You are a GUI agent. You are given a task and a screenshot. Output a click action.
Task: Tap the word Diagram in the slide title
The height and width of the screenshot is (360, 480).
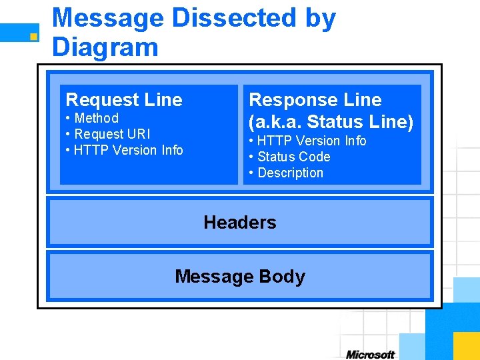[x=105, y=47]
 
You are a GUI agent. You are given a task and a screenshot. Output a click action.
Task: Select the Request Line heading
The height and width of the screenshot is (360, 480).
[x=124, y=100]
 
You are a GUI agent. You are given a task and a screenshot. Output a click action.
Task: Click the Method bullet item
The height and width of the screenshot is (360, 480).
[x=93, y=119]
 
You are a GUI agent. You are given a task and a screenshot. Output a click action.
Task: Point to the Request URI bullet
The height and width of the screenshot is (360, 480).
[x=108, y=135]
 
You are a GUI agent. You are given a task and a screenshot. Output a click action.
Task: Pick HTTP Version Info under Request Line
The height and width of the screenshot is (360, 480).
[x=125, y=151]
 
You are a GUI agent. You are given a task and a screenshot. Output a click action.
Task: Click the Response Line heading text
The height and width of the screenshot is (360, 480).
[x=315, y=100]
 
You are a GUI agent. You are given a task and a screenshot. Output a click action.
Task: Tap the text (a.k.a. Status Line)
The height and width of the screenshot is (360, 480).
[x=331, y=122]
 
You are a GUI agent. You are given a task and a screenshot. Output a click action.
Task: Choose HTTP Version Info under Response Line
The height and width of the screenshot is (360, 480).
[x=307, y=141]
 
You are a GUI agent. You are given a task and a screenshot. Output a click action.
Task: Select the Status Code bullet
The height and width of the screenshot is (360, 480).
[x=290, y=157]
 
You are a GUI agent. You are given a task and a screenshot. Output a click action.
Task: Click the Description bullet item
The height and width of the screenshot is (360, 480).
[x=286, y=173]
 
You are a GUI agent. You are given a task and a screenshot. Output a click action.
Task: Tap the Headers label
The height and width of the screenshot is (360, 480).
[x=240, y=222]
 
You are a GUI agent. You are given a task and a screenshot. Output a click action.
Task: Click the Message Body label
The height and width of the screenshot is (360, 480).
[x=240, y=277]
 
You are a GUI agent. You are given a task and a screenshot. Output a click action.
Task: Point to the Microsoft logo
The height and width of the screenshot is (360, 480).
[x=370, y=355]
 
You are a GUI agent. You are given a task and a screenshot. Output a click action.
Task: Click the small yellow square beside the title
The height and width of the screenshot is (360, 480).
[x=33, y=35]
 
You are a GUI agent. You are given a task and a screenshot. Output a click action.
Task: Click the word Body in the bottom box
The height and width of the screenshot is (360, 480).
[x=283, y=277]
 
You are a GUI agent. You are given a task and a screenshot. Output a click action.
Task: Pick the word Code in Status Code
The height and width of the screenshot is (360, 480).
[x=315, y=157]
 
